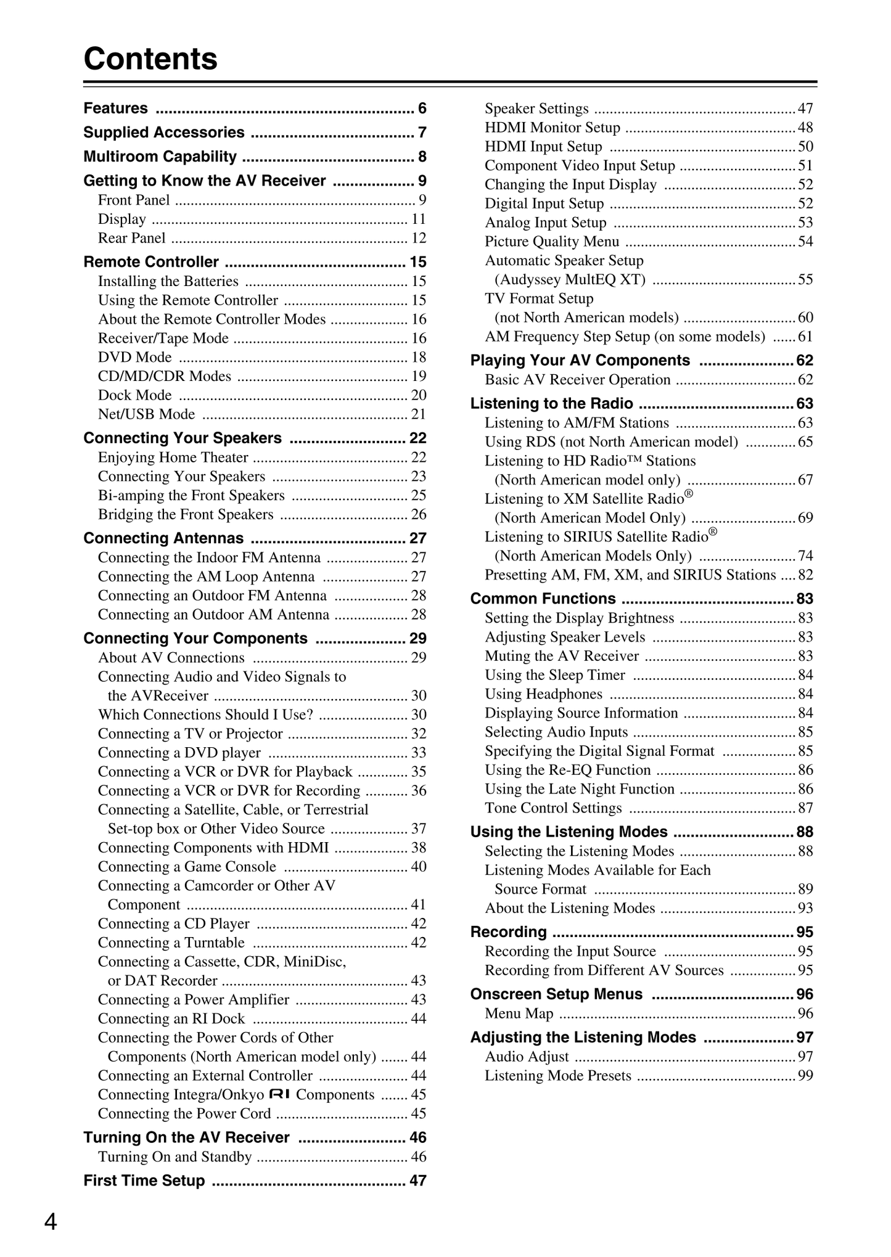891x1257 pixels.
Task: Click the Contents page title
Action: [x=150, y=59]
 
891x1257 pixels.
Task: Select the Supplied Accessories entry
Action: [x=164, y=133]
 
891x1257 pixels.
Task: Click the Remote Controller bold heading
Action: [x=151, y=262]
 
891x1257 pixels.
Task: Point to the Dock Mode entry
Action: [x=135, y=395]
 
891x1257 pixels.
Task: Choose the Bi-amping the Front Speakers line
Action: [x=191, y=496]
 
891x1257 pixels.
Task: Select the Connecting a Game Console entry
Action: [x=187, y=867]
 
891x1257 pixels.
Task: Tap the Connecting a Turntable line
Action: [x=171, y=943]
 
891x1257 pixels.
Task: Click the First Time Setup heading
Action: [x=144, y=1181]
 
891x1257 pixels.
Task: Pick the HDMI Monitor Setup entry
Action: [x=552, y=128]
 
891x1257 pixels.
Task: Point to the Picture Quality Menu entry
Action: [x=552, y=242]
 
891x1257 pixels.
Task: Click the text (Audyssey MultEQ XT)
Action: [x=570, y=280]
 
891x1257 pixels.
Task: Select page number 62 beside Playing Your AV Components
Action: [x=805, y=361]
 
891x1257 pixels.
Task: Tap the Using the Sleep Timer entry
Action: [x=555, y=675]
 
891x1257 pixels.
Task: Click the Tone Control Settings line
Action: [x=553, y=808]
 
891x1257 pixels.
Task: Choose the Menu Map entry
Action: [x=519, y=1013]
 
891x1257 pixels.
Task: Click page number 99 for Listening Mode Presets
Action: [x=805, y=1076]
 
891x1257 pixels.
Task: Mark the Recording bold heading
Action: [x=509, y=932]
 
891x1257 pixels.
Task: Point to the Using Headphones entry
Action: [x=543, y=694]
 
